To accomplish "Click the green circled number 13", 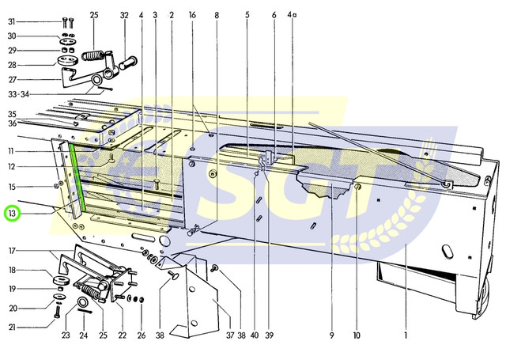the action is (x=13, y=214).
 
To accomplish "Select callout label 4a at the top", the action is (x=292, y=14).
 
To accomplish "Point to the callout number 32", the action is (x=124, y=15).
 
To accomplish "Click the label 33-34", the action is (x=18, y=94).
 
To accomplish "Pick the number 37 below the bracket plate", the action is (x=230, y=335).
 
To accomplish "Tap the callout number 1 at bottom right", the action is (x=406, y=335).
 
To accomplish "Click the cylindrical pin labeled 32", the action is (x=128, y=63).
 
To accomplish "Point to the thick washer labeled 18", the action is (x=61, y=280).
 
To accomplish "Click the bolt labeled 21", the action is (x=58, y=312).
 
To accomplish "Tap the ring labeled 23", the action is (x=83, y=302).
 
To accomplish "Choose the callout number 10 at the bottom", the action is (x=357, y=335).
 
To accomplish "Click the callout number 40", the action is (x=255, y=335).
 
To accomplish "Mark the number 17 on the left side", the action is (x=12, y=251).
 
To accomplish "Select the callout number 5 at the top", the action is (x=247, y=15).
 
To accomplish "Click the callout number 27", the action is (x=13, y=79).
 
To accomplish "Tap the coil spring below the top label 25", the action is (x=93, y=55).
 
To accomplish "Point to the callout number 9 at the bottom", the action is (x=332, y=335).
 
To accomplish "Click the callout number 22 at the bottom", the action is (x=122, y=335).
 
